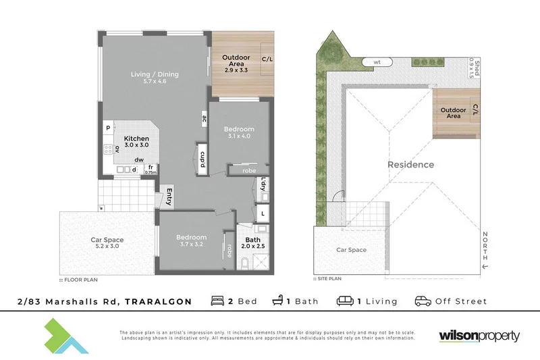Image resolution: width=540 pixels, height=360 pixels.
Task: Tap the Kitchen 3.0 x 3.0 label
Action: click(x=136, y=142)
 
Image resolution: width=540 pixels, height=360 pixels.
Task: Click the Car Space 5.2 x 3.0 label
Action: click(x=106, y=242)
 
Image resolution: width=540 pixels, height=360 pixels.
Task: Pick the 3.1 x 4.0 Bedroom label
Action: click(x=239, y=133)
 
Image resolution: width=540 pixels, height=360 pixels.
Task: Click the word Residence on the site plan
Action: click(x=410, y=165)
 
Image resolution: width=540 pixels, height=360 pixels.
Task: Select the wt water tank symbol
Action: click(x=377, y=62)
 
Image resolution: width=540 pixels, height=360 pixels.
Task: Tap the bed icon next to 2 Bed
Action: click(x=218, y=301)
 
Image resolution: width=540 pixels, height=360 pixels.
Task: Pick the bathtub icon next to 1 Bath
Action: click(x=277, y=301)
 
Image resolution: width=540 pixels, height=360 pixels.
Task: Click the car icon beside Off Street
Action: click(x=423, y=301)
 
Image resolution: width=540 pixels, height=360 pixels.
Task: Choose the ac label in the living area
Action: click(x=203, y=120)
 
